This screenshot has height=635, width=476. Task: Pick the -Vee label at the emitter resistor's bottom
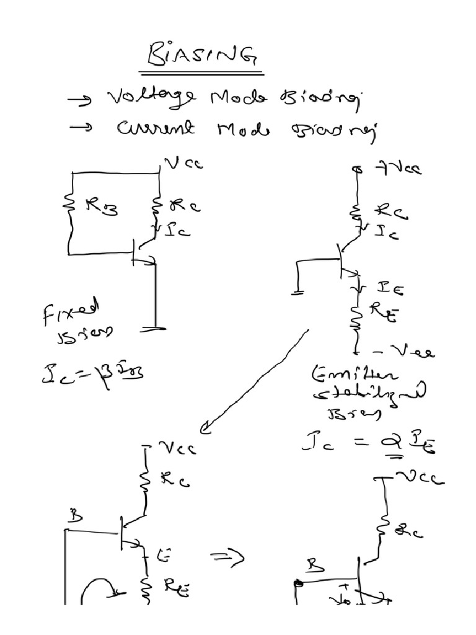coord(410,352)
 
